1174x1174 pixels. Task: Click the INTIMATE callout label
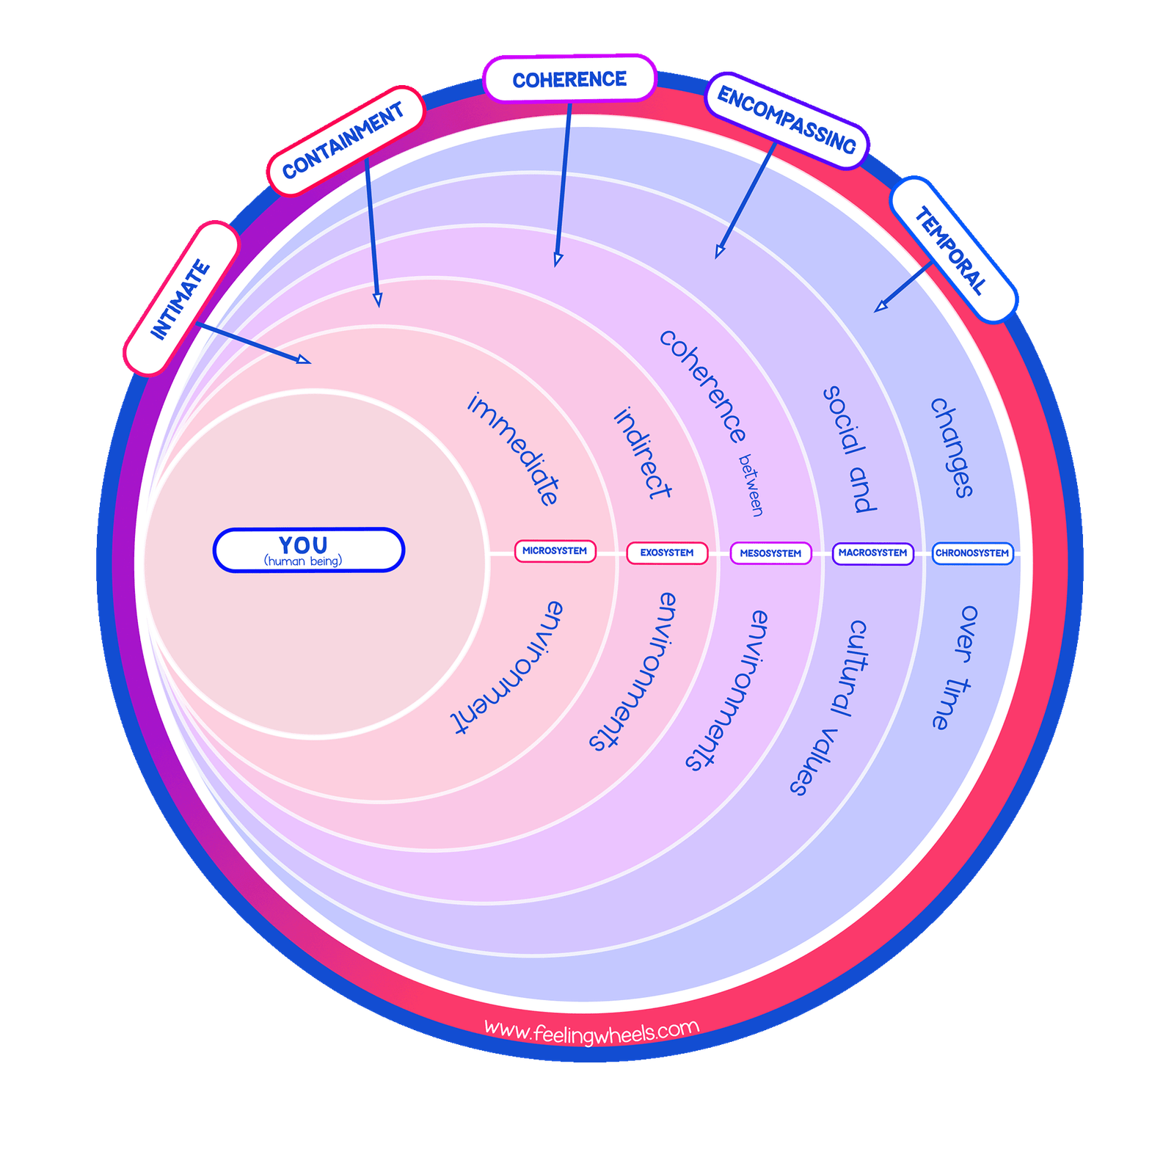point(181,299)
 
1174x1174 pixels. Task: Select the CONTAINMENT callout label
point(346,140)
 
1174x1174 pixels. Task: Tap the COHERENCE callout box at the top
point(569,79)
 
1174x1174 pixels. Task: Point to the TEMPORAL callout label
point(952,250)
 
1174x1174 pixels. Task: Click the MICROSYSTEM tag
point(555,551)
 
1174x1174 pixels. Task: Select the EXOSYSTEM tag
point(667,553)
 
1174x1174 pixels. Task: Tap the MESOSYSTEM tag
point(770,553)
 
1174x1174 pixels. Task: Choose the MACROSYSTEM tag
point(873,553)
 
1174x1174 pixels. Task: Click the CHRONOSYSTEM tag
point(972,553)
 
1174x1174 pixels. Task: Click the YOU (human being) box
point(308,550)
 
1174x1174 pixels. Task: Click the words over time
point(955,668)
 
